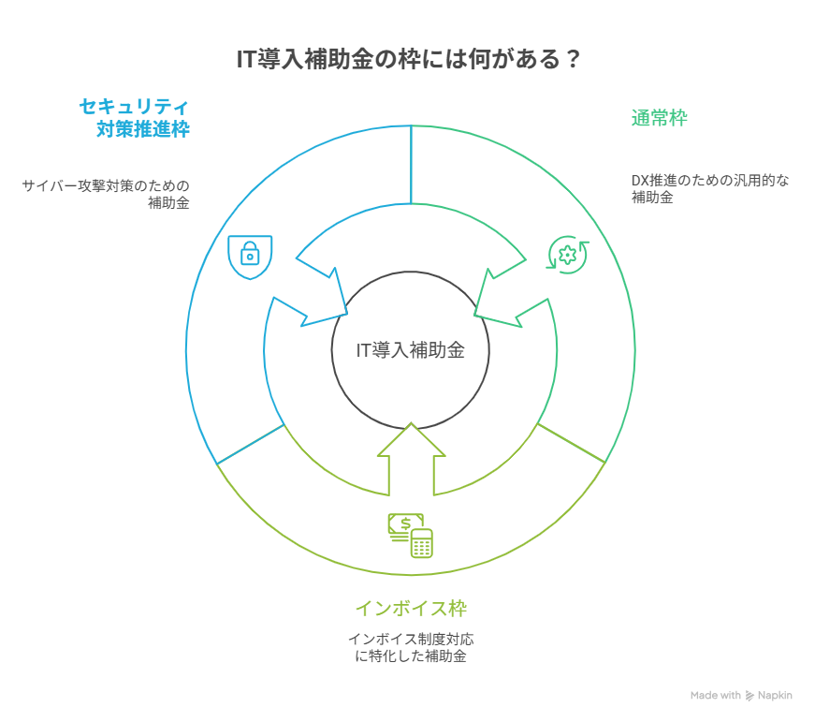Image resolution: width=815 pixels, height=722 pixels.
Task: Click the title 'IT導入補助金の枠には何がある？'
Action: (x=407, y=60)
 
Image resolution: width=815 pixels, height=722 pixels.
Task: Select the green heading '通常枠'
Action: (x=659, y=118)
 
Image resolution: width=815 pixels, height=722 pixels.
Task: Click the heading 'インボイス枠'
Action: (x=411, y=609)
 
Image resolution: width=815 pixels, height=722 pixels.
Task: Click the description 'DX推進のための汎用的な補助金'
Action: (x=709, y=188)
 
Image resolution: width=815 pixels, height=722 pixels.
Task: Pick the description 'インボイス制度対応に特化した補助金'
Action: (x=411, y=648)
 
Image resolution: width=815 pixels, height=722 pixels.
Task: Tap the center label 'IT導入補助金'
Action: (x=411, y=351)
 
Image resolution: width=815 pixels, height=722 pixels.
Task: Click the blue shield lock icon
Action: (x=249, y=254)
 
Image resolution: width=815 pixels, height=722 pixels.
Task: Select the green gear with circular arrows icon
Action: (x=567, y=254)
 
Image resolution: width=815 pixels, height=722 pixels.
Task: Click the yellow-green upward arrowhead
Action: (x=411, y=445)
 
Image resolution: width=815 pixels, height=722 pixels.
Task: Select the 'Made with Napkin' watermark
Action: (x=741, y=696)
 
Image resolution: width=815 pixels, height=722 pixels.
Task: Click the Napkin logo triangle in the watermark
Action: (x=750, y=696)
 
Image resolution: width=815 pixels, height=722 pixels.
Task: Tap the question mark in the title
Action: (x=571, y=60)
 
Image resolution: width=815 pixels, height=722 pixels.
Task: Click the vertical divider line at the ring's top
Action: (x=411, y=164)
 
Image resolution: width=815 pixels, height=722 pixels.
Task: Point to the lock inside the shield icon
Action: (x=249, y=255)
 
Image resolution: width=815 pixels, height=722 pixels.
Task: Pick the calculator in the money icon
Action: (x=421, y=543)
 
